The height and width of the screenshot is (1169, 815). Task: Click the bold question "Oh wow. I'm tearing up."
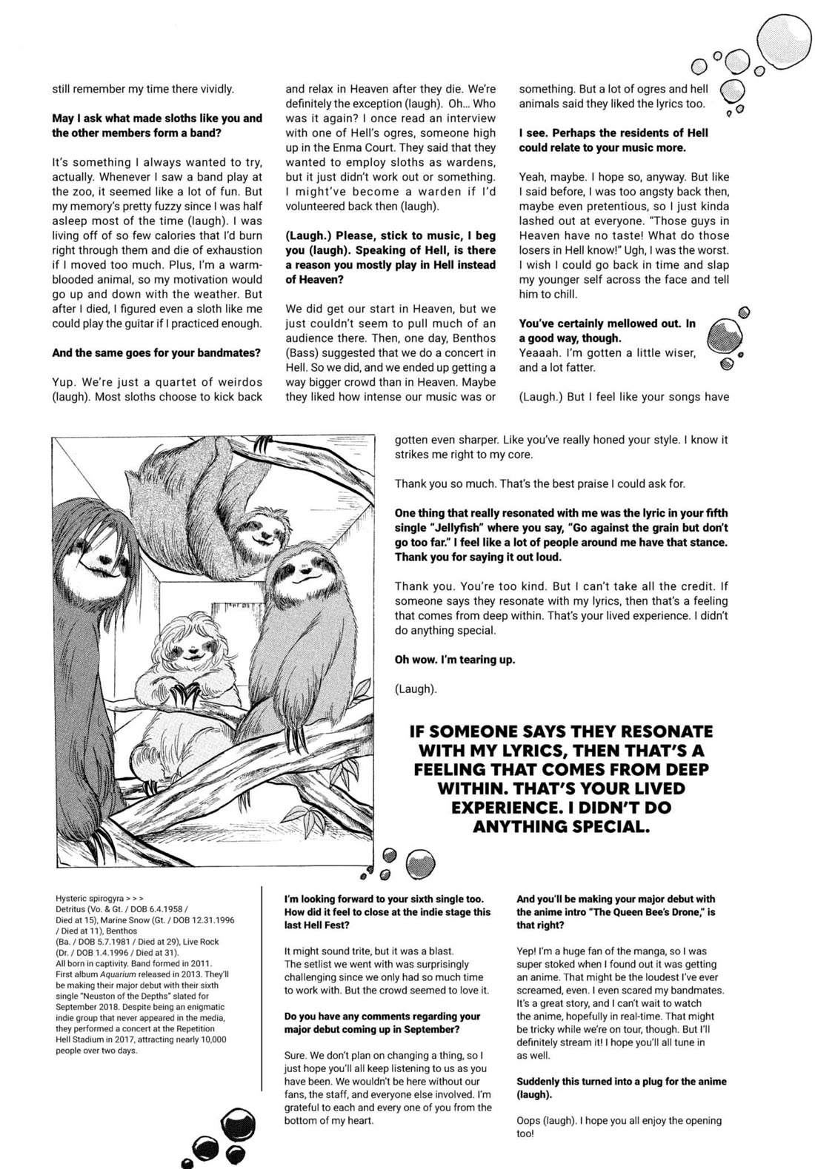coord(454,660)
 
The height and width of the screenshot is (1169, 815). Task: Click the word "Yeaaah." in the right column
coord(539,352)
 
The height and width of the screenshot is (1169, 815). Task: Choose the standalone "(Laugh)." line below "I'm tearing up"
coord(416,689)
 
